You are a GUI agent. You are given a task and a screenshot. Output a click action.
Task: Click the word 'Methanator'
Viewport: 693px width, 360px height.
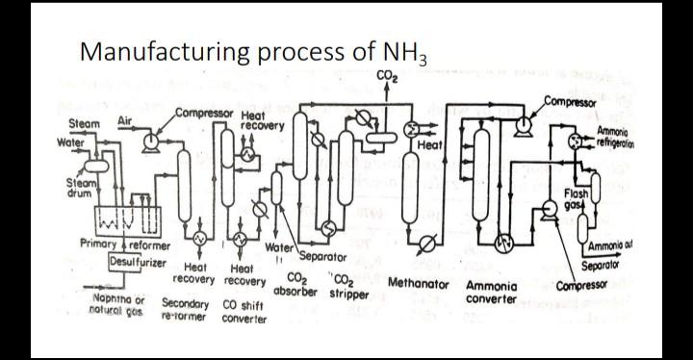418,284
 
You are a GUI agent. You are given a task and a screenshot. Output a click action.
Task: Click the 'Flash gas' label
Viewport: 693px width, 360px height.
576,197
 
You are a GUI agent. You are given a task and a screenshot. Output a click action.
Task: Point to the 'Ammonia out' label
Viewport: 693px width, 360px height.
605,245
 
